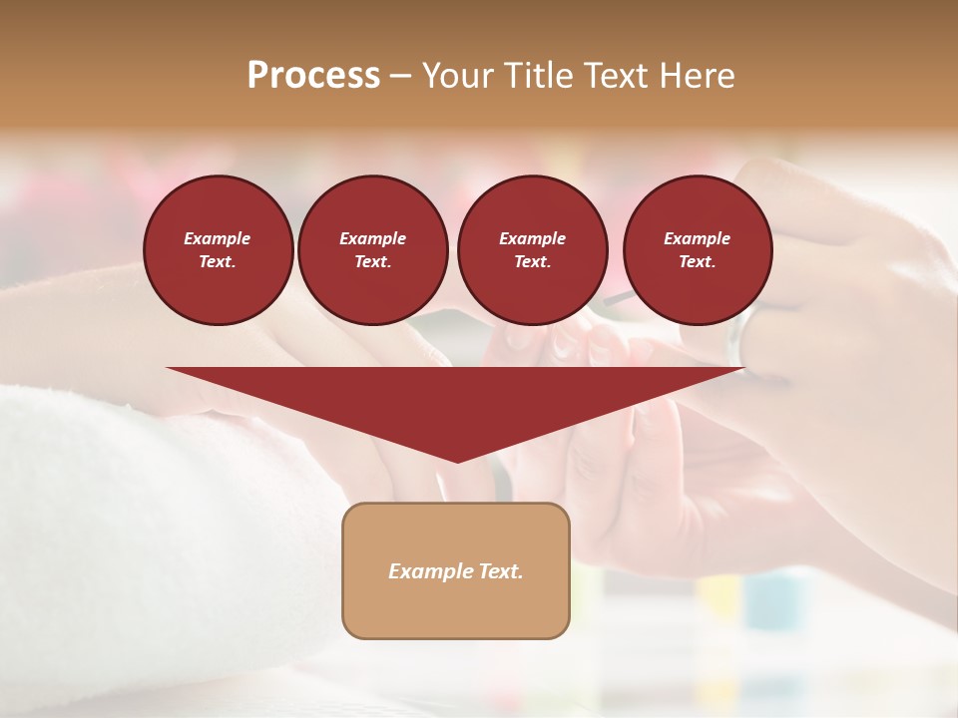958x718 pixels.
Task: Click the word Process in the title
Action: (313, 76)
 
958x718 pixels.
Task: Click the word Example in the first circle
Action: (218, 238)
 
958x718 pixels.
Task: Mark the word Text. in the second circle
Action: (372, 262)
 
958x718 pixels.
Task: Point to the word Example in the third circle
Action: (532, 238)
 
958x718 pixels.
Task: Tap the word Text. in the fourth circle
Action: (697, 262)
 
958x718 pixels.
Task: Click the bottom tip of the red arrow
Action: (457, 460)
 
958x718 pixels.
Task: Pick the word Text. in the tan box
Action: (502, 571)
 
